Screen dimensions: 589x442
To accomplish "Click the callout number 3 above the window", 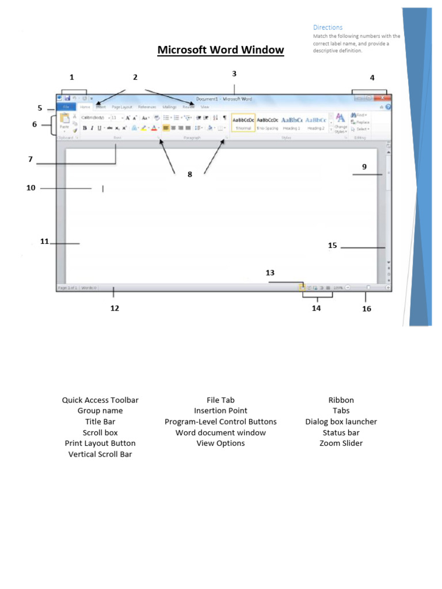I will (234, 74).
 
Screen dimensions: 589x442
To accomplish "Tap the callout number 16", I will (367, 309).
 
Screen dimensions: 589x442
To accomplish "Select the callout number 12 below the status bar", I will (115, 308).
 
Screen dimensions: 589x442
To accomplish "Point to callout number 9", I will (364, 167).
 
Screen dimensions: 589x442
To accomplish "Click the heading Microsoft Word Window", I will (220, 50).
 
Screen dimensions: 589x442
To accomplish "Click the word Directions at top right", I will (327, 27).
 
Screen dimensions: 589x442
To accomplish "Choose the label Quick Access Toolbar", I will (100, 400).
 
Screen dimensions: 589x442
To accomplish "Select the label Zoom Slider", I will (341, 443).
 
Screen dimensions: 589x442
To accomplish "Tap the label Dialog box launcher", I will (341, 422).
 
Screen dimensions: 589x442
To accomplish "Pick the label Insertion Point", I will (220, 411).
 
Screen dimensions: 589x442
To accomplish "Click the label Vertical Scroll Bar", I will (100, 454).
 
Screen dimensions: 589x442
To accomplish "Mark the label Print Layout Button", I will (100, 443).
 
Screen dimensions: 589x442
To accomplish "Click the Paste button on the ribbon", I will (64, 121).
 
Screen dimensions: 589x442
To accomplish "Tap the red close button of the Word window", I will (380, 98).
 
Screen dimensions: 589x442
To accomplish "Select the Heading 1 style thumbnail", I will (291, 121).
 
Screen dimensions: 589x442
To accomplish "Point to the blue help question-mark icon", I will (388, 107).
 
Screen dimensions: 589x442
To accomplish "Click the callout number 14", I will (316, 308).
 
